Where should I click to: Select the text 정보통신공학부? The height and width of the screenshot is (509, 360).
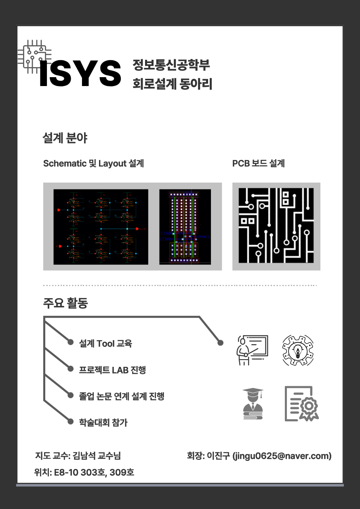tap(171, 65)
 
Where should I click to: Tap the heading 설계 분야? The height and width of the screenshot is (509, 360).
tap(65, 138)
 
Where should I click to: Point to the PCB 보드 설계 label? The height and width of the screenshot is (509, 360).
tap(258, 164)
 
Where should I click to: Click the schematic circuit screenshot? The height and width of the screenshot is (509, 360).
tap(101, 227)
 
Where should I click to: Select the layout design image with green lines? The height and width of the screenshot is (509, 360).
tap(185, 227)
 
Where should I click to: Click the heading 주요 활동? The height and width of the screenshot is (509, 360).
tap(65, 303)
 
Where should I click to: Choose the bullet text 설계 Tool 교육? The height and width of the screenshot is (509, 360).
tap(105, 343)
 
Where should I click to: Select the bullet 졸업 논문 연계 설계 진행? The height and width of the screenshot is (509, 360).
tap(122, 396)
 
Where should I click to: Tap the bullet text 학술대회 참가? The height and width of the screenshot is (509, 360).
tap(103, 423)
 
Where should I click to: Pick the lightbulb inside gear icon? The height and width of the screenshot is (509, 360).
tap(298, 350)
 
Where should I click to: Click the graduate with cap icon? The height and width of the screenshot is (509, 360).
tap(253, 404)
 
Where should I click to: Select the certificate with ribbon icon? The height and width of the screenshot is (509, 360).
tap(301, 404)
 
